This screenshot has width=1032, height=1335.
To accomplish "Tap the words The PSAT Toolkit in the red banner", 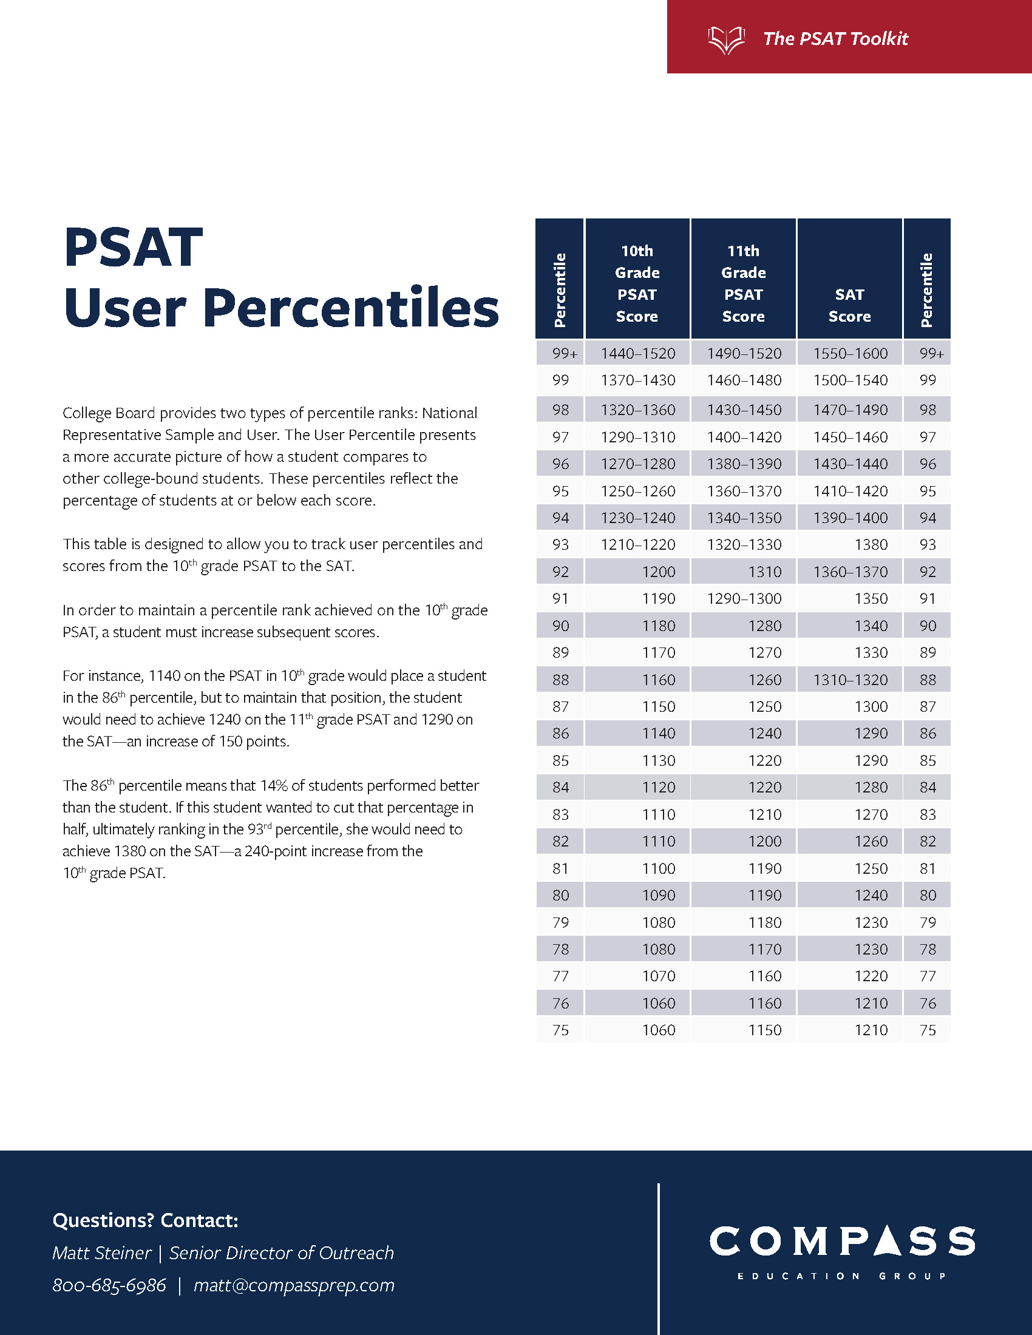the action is point(836,39).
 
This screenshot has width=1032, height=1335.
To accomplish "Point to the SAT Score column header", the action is point(849,306).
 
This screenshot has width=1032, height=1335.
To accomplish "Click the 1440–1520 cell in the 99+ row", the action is point(637,353).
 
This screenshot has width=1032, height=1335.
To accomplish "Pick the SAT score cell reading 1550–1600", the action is point(850,353).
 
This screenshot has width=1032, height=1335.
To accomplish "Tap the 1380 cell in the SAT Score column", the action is point(871,545).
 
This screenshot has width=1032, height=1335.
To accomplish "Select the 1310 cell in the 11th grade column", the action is point(765,572).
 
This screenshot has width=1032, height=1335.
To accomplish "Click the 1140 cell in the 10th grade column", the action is point(659,734).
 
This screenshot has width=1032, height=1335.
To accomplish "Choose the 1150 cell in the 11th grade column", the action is point(765,1030).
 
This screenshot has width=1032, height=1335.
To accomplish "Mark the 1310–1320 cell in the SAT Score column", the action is point(850,680).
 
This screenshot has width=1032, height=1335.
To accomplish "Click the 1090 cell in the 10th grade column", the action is point(659,896).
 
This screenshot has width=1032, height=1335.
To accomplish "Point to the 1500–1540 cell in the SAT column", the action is point(850,380).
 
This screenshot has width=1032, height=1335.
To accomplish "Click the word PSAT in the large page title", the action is point(134,248).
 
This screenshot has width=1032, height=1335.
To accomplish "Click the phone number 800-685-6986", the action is point(109,1285).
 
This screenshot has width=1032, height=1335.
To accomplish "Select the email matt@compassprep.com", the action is point(294,1285).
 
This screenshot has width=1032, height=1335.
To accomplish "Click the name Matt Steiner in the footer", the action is point(101,1253).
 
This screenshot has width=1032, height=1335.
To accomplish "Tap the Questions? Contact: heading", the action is point(146,1221).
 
